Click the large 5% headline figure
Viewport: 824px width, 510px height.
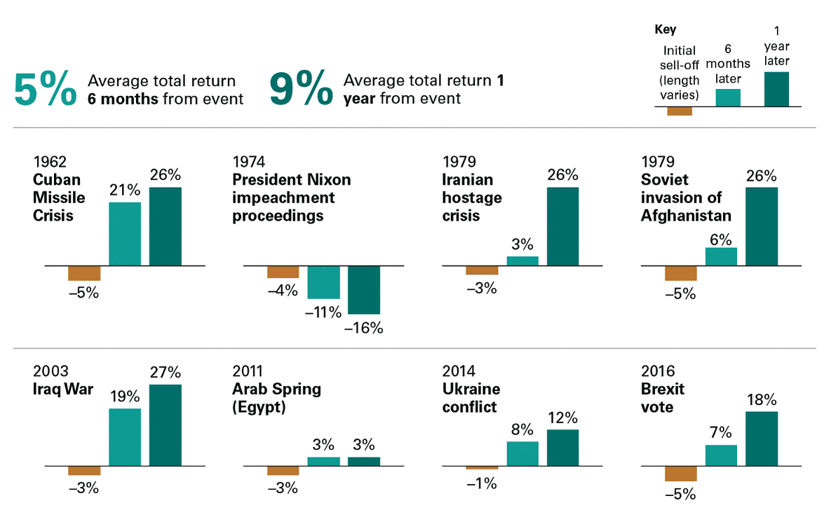pos(45,90)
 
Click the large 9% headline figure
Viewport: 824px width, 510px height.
pos(301,90)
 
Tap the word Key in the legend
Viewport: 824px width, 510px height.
pos(665,29)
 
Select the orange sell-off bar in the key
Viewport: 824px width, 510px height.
pos(680,111)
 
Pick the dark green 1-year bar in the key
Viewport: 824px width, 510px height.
pos(776,89)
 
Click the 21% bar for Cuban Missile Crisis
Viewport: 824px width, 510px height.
pos(125,234)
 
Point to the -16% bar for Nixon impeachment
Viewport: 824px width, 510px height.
pos(364,290)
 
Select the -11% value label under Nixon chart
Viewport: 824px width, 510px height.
pos(323,312)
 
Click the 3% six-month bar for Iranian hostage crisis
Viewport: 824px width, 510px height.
pos(522,261)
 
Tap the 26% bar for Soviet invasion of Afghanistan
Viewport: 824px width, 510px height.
pos(762,227)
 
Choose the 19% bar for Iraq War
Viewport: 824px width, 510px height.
pos(125,437)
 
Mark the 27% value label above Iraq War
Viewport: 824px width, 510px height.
pos(166,372)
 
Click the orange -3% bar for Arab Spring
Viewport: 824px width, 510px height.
pos(283,471)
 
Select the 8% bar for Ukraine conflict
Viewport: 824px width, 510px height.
pos(522,454)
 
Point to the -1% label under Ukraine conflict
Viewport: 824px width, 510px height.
pos(482,483)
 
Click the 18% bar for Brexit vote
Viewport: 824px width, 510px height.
pos(762,439)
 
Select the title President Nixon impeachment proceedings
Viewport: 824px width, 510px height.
pos(291,198)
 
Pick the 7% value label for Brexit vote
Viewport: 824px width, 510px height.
pos(722,432)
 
